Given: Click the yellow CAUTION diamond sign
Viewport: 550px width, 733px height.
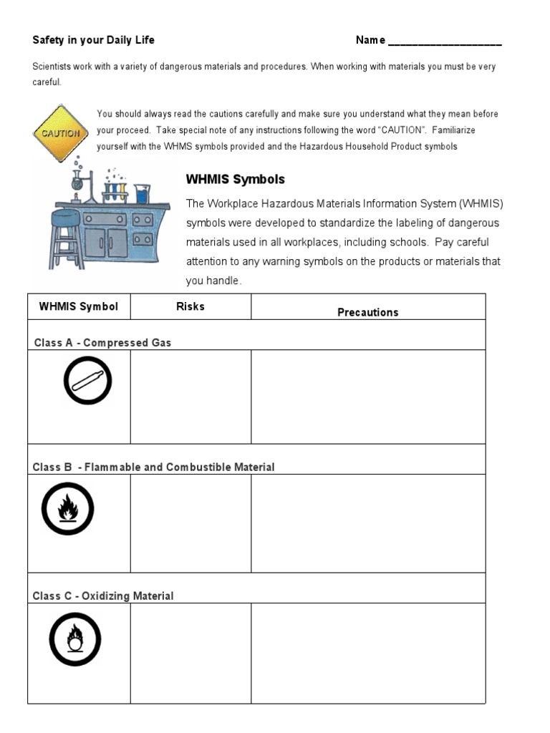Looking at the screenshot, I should point(61,133).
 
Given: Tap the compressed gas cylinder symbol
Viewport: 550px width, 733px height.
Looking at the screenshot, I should point(87,380).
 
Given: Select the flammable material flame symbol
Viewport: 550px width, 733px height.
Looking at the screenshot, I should point(67,509).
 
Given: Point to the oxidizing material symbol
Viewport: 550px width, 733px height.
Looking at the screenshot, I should point(74,639).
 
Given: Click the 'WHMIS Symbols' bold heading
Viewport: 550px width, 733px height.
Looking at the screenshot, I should point(235,179).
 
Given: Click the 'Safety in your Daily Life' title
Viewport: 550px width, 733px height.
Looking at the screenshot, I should point(93,40).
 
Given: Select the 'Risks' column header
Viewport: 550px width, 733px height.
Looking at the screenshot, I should point(190,306).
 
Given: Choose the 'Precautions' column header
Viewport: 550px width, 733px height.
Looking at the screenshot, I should point(367,312).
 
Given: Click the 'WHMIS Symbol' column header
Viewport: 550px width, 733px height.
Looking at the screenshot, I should point(79,306).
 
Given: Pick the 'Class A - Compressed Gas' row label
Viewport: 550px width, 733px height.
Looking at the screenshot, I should point(102,343).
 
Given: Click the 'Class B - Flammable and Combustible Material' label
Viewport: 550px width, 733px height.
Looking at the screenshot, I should point(153,467).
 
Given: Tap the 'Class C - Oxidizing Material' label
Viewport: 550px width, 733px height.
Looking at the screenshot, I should point(103,596).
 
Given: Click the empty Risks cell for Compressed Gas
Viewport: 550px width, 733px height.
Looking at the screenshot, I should point(190,397).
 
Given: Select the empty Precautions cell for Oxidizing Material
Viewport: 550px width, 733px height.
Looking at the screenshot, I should point(367,653).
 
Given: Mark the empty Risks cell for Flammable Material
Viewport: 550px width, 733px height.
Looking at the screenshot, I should point(190,523).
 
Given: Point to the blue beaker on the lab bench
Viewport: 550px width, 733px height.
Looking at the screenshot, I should point(142,193).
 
